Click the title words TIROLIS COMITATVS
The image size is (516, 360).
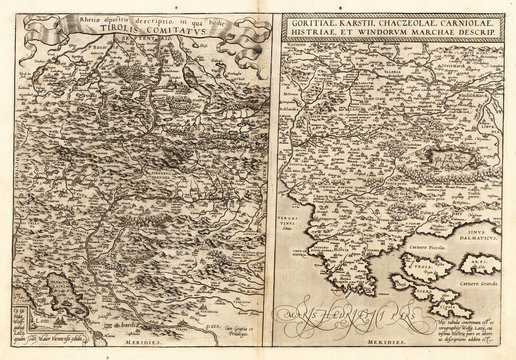pyautogui.click(x=130, y=29)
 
